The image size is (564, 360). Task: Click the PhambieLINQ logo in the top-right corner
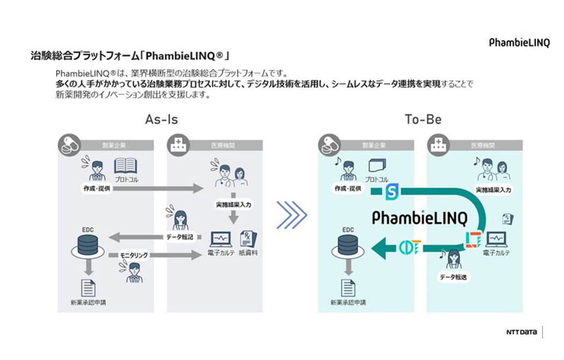(519, 43)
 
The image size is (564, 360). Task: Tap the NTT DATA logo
(521, 332)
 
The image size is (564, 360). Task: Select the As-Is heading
(161, 119)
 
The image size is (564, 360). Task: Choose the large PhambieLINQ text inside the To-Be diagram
(420, 218)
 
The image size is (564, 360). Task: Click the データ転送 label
(453, 278)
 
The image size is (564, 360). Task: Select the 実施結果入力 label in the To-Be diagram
(494, 190)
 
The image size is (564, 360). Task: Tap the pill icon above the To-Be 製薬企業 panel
(329, 144)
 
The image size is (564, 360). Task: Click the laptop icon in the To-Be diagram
(495, 239)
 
